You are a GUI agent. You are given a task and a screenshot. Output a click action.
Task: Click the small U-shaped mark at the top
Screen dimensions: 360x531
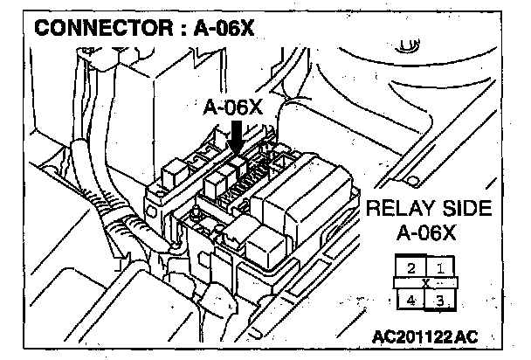click(405, 40)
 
